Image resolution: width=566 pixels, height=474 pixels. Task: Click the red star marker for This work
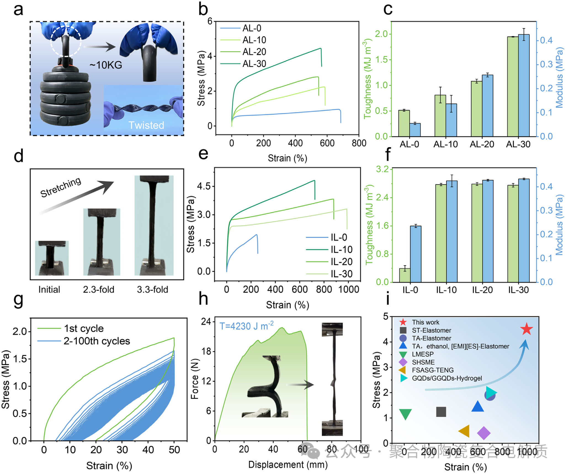pos(526,329)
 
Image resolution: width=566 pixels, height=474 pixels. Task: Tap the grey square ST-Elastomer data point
pos(441,412)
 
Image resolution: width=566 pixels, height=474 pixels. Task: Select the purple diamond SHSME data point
pos(483,433)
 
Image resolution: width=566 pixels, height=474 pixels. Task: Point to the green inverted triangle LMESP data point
pos(405,414)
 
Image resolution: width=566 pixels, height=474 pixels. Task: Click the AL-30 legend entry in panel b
pos(254,64)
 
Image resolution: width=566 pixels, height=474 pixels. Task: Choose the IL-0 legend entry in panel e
pos(339,237)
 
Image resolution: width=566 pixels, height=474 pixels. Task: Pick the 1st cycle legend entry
pos(84,328)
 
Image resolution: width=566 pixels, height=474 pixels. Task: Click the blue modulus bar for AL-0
pos(415,130)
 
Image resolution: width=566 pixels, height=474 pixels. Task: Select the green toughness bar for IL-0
pos(405,275)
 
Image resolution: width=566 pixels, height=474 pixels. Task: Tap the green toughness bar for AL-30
pos(512,87)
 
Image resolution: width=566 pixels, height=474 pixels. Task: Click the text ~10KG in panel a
pos(106,65)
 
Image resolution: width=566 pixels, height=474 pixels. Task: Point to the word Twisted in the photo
pos(146,125)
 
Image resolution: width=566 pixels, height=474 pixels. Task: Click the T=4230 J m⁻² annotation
pos(246,326)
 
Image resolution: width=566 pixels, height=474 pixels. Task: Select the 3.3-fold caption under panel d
pos(152,290)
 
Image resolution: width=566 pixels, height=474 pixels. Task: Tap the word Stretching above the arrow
pos(61,187)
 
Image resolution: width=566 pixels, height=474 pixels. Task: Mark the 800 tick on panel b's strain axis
pos(359,143)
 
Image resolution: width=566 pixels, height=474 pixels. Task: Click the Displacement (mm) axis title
pos(288,464)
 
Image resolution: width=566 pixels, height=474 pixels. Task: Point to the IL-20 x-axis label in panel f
pos(482,290)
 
